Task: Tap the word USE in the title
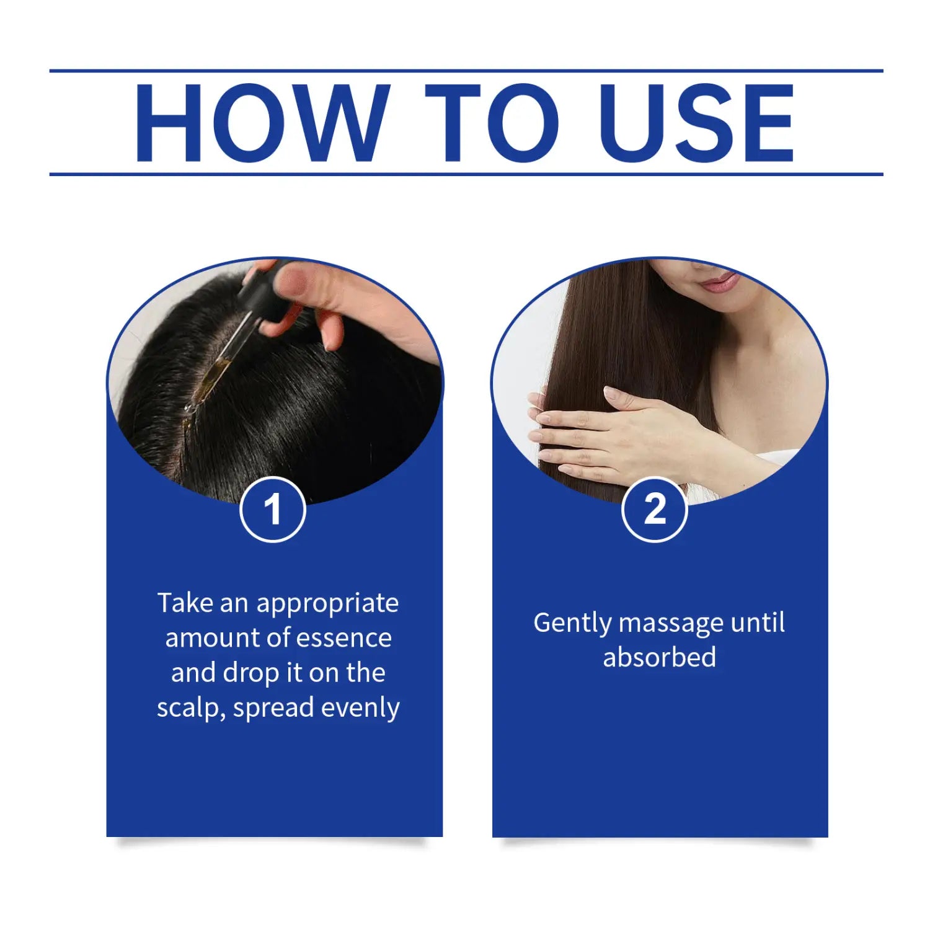(697, 123)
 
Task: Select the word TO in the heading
(492, 123)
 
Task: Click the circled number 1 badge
(273, 510)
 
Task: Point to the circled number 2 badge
(655, 510)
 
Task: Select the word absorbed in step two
(660, 657)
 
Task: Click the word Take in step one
(185, 603)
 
